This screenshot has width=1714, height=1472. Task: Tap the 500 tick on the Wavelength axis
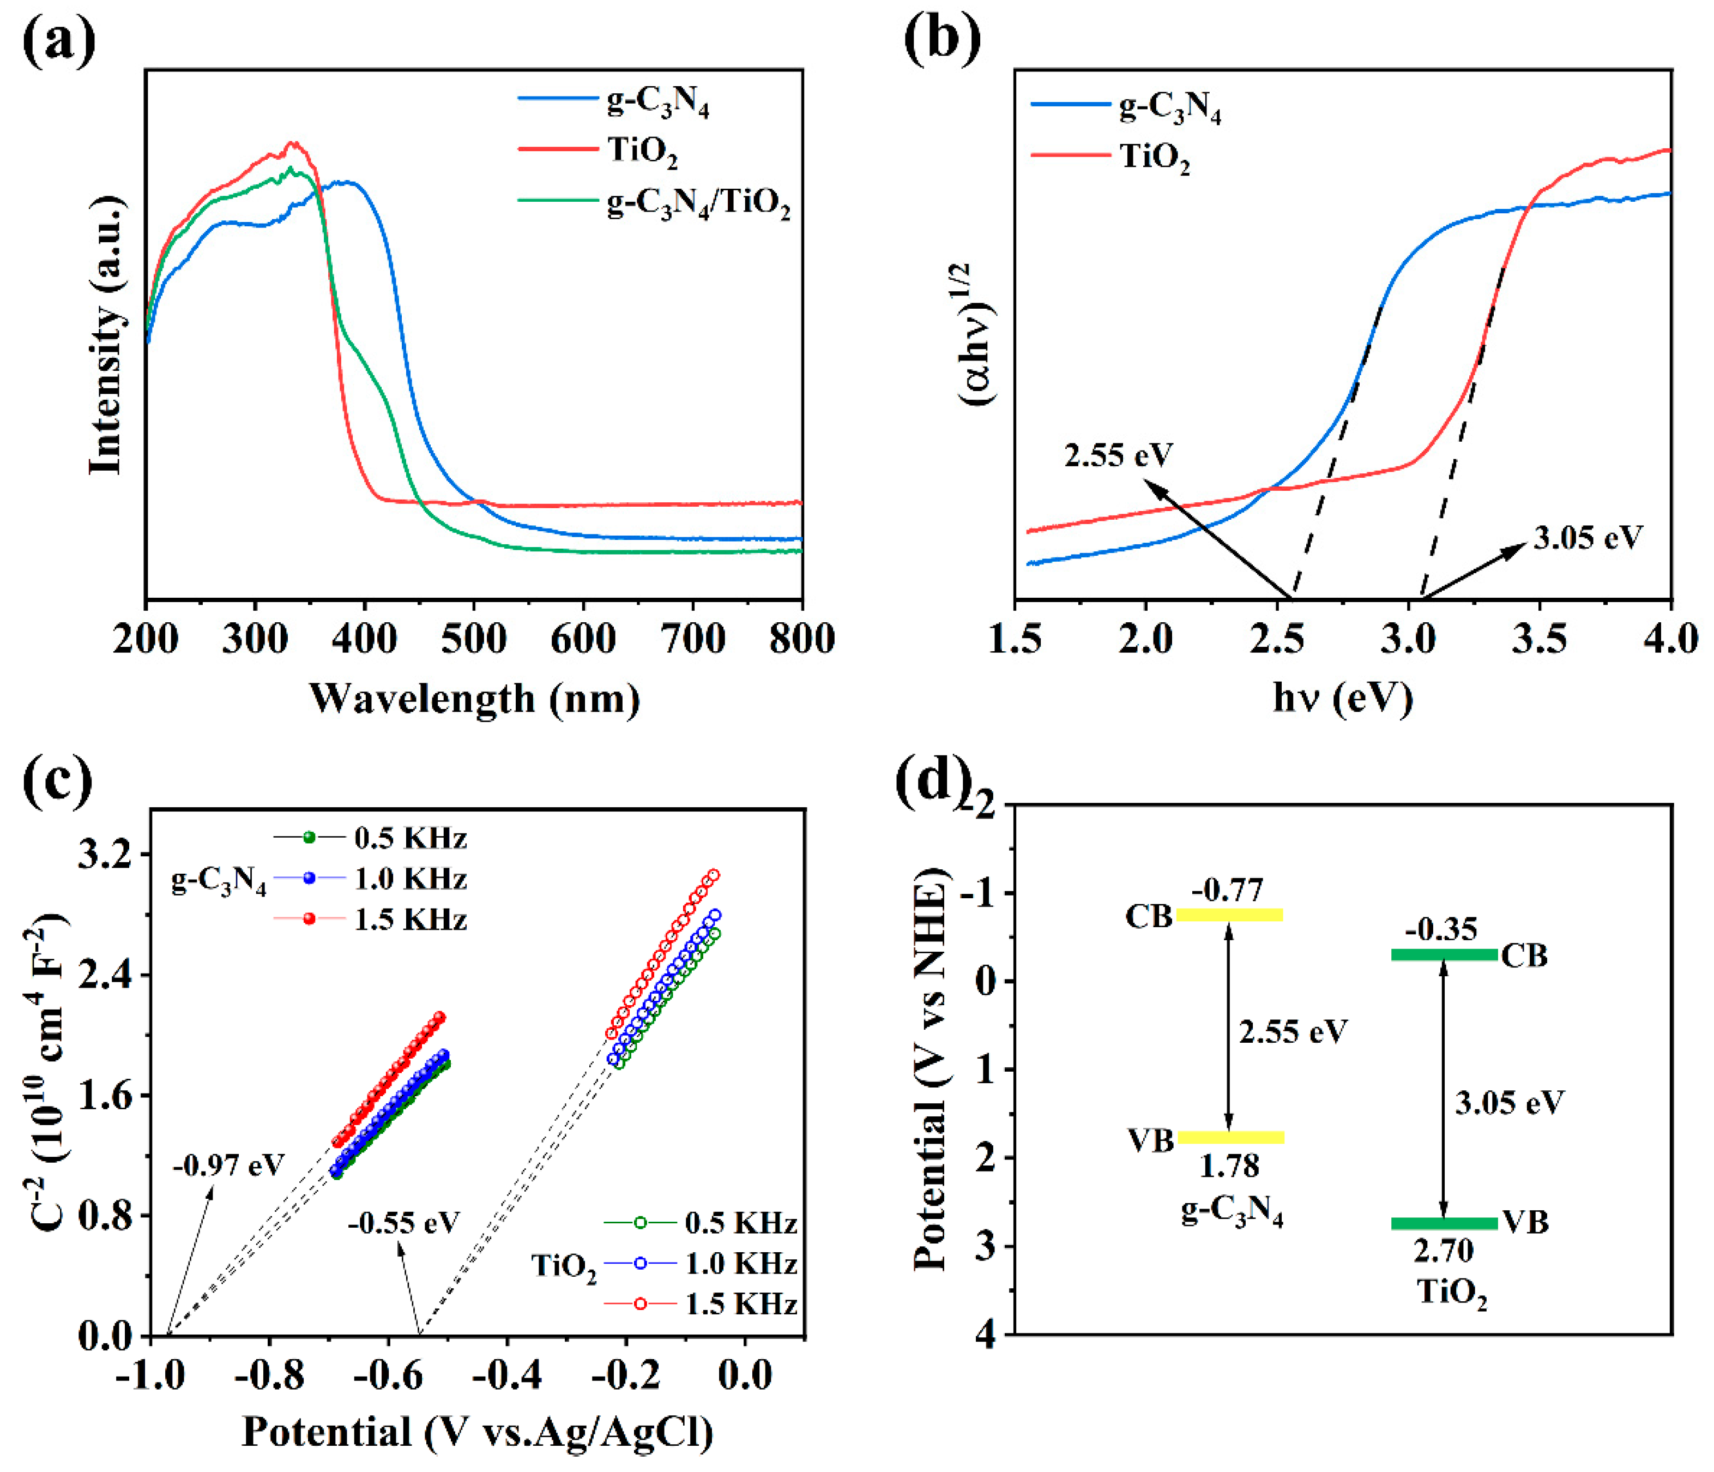pos(474,640)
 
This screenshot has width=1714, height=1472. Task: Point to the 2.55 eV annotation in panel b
pos(1118,455)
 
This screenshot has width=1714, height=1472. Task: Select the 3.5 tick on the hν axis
pos(1540,640)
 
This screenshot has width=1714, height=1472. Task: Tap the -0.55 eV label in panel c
pos(403,1222)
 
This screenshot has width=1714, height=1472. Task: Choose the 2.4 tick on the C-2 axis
pos(105,975)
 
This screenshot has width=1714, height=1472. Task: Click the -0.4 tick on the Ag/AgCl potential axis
pos(506,1375)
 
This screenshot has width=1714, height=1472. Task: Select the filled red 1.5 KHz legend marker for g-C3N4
pos(309,920)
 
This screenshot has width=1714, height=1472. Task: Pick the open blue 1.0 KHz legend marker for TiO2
pos(640,1264)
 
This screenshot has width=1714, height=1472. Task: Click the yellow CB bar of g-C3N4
pos(1229,914)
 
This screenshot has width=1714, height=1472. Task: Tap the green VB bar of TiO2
pos(1444,1223)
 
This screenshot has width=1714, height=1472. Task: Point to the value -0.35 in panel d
pos(1440,929)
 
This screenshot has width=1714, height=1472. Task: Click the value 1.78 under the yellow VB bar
pos(1229,1166)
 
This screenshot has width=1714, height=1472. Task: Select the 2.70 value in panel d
pos(1444,1251)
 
